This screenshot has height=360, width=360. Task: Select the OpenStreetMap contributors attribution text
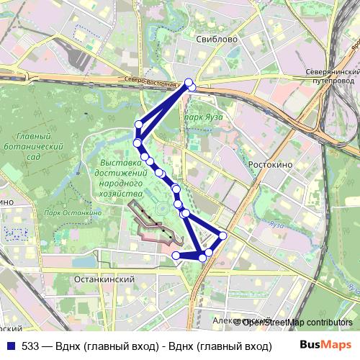point(297,322)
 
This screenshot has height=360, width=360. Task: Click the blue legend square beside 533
point(9,346)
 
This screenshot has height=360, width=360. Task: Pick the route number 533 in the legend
point(30,346)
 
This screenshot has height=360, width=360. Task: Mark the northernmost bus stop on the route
point(189,83)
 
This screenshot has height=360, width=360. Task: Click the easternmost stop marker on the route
point(222,235)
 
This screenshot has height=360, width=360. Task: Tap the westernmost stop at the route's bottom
point(176,255)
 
